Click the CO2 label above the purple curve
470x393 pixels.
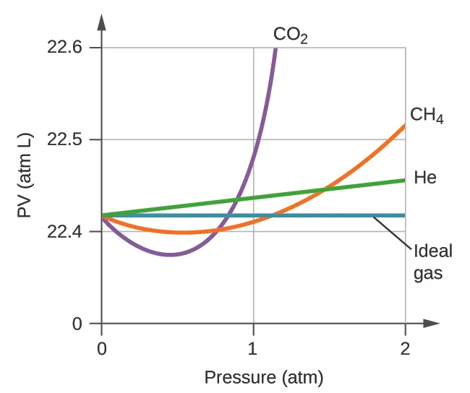tap(290, 35)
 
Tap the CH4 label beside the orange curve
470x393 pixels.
tap(426, 116)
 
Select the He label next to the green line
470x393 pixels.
tap(425, 177)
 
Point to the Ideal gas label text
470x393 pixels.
tap(432, 262)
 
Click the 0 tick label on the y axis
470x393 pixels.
tap(77, 324)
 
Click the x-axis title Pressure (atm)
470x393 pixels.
tap(263, 377)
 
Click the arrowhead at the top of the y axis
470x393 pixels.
tap(101, 20)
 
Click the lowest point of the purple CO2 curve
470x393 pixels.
tap(170, 254)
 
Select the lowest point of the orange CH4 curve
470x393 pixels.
tap(187, 233)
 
